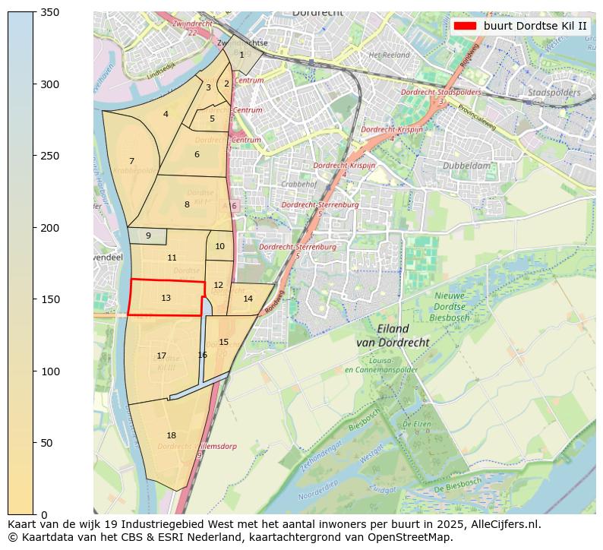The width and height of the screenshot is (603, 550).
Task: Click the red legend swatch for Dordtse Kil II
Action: (x=464, y=26)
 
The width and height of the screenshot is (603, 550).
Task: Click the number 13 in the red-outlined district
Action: (x=166, y=298)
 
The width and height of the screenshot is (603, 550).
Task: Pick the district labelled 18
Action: (x=171, y=435)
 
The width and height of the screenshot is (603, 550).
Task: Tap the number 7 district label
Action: (x=131, y=161)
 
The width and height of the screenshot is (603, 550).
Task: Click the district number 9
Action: (x=148, y=235)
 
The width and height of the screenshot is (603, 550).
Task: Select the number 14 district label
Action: (x=248, y=299)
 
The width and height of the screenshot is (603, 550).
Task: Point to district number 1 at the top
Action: (x=242, y=54)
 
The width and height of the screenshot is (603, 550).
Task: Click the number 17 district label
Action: (x=161, y=356)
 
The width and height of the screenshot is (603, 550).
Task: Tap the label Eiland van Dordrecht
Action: (x=393, y=336)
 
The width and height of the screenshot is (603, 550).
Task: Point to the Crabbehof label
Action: (x=298, y=184)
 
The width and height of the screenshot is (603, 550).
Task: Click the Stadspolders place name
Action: (x=554, y=93)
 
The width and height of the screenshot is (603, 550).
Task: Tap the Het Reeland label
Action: (x=389, y=55)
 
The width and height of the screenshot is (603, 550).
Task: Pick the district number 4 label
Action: (x=166, y=114)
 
